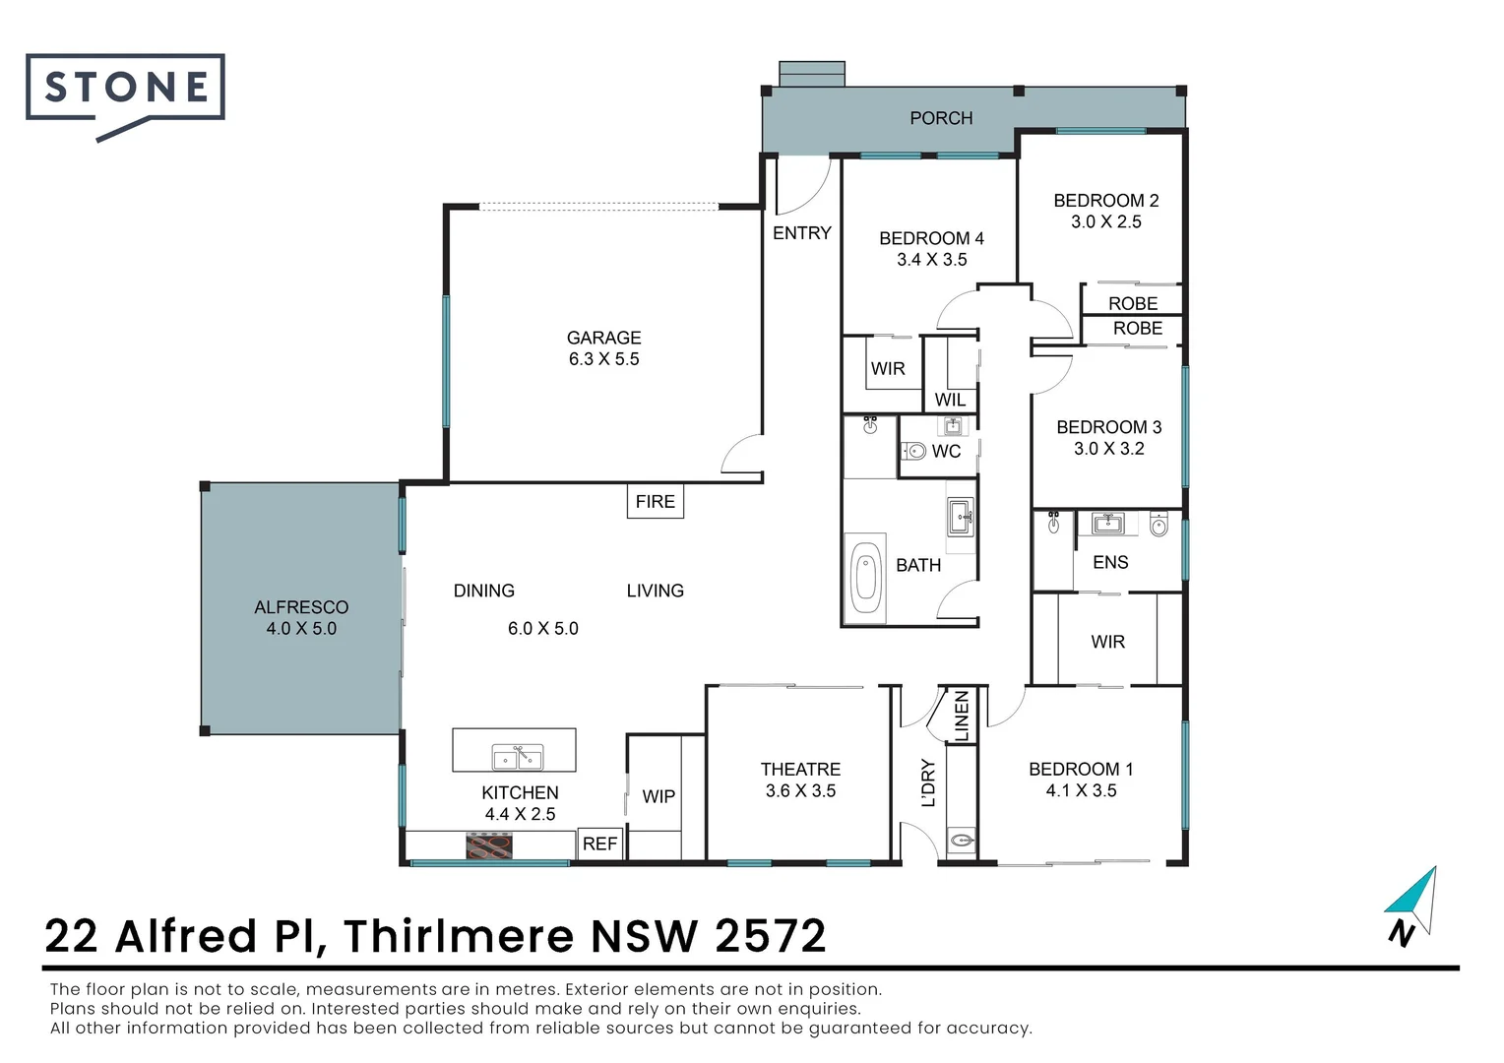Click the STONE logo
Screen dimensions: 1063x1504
[126, 90]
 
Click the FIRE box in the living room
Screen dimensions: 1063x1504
[655, 502]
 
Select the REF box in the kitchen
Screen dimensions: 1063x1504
[599, 844]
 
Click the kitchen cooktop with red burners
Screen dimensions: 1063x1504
[489, 845]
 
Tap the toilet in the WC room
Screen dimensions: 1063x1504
[914, 452]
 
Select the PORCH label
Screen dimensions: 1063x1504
[940, 118]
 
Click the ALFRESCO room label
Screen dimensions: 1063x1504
[301, 607]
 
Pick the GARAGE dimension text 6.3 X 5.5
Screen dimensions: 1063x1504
[603, 359]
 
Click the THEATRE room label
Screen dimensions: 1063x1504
[800, 770]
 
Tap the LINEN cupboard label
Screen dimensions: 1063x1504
[962, 716]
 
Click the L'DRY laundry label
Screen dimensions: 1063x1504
[928, 782]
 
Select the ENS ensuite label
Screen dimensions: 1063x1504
[1110, 562]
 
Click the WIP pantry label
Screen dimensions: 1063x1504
[658, 796]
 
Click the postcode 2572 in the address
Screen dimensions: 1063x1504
[770, 936]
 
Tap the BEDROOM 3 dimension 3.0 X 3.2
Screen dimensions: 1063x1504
[1108, 449]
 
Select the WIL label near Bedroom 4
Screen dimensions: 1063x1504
[950, 400]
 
